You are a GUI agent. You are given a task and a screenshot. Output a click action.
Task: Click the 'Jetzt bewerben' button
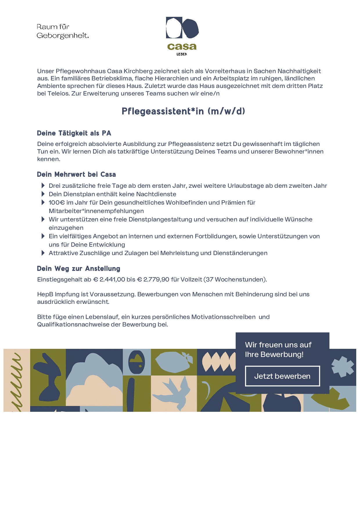[x=282, y=376]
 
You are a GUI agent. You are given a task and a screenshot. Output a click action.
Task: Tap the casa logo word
[x=182, y=46]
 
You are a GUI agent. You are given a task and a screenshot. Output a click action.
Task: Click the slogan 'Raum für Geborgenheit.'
[x=62, y=31]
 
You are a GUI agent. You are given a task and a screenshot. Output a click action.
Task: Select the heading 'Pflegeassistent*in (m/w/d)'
[x=183, y=111]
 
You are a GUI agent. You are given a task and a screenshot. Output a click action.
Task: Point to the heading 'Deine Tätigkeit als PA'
[x=74, y=133]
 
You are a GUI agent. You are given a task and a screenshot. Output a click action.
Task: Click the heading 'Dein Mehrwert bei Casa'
[x=76, y=174]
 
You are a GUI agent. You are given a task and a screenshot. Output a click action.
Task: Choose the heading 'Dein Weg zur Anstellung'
[x=78, y=268]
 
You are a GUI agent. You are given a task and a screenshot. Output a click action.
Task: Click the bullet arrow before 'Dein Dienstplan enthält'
[x=43, y=194]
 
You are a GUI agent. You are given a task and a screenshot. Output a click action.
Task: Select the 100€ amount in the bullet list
[x=57, y=203]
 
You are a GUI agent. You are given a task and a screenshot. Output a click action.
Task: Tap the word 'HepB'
[x=45, y=294]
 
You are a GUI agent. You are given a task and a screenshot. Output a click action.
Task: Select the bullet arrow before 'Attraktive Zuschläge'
[x=43, y=253]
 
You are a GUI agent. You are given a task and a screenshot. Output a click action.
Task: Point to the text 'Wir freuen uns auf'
[x=278, y=345]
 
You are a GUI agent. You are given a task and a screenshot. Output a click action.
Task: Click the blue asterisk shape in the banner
[x=343, y=367]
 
